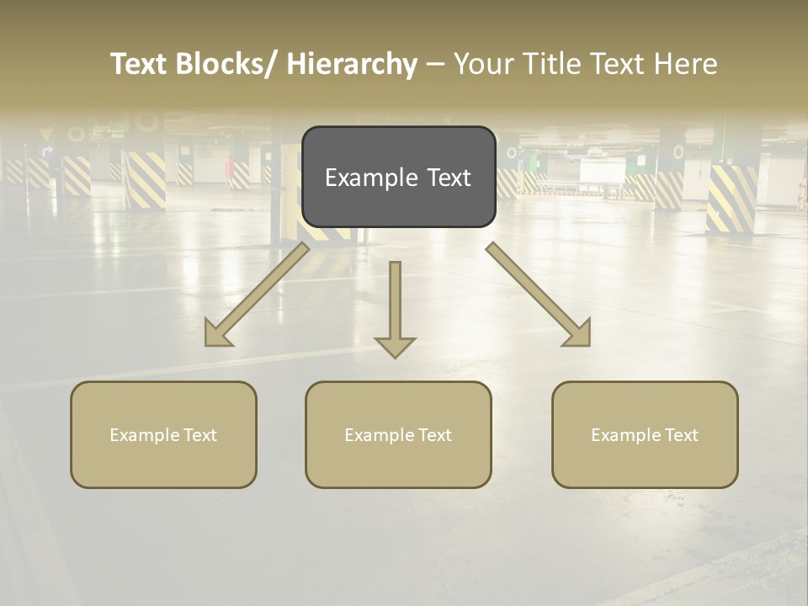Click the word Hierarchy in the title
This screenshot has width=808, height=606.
pyautogui.click(x=352, y=64)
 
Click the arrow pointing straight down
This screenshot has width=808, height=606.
pyautogui.click(x=395, y=311)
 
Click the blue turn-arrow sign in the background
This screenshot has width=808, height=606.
pyautogui.click(x=47, y=152)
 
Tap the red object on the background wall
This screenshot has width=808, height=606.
pyautogui.click(x=228, y=167)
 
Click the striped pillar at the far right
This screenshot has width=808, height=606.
pyautogui.click(x=731, y=199)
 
